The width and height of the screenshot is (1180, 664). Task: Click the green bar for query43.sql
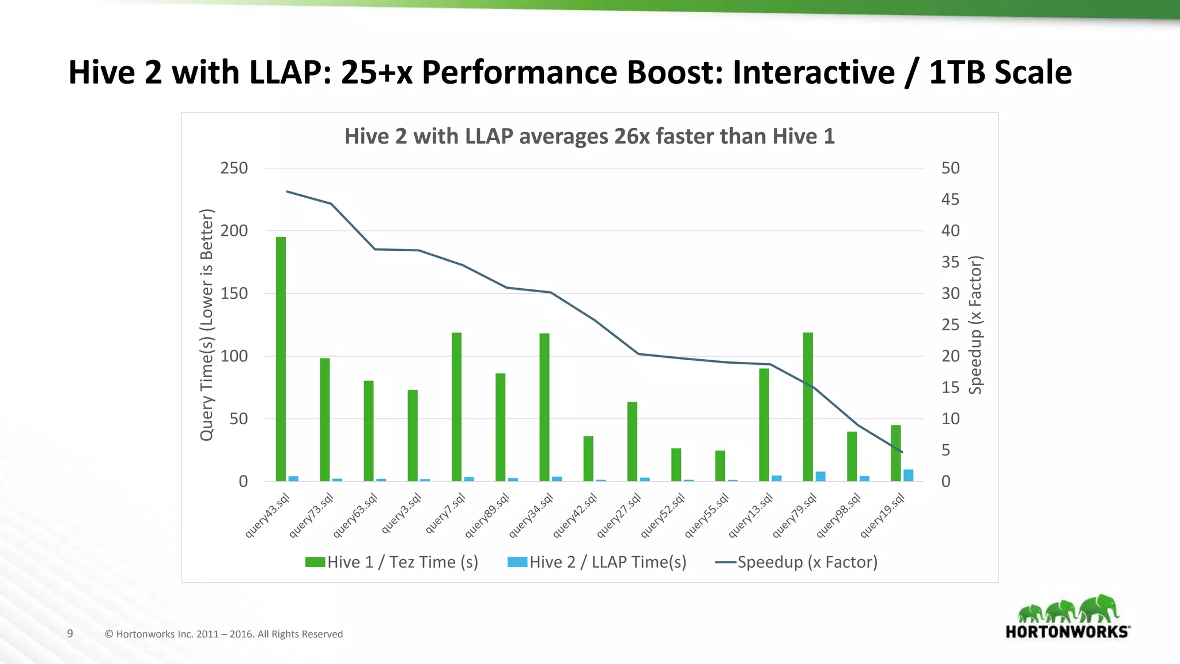tap(281, 359)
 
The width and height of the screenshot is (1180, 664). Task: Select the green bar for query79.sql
tap(808, 406)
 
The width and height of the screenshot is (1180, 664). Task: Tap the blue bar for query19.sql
tap(908, 476)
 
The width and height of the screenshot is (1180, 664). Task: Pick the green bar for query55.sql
tap(720, 466)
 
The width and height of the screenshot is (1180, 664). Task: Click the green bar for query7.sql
tap(456, 406)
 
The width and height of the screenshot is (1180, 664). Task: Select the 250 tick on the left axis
tap(234, 168)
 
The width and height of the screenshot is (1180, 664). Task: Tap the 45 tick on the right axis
tap(950, 199)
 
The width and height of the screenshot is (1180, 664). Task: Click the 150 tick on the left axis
tap(234, 293)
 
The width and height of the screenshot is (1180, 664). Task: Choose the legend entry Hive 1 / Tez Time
tap(392, 562)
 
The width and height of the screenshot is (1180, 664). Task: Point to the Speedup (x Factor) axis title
tap(975, 325)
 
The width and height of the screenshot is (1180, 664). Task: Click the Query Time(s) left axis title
tap(206, 325)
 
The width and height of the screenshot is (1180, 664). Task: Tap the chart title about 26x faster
tap(589, 137)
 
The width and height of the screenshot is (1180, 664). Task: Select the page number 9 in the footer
tap(70, 633)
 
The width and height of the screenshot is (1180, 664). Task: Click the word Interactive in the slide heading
tap(814, 73)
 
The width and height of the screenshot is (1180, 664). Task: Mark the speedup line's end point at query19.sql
tap(902, 452)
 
